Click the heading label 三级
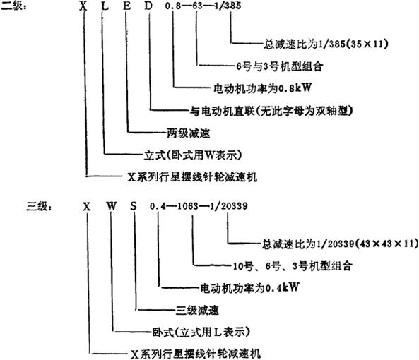pyautogui.click(x=39, y=206)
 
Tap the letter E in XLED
pyautogui.click(x=127, y=6)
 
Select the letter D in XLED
pyautogui.click(x=148, y=6)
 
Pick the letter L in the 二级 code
pyautogui.click(x=105, y=6)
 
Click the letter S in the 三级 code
pyautogui.click(x=134, y=206)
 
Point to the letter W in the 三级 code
pyautogui.click(x=112, y=206)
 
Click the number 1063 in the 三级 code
pyautogui.click(x=188, y=206)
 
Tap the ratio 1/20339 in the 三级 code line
pyautogui.click(x=229, y=206)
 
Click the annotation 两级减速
pyautogui.click(x=189, y=133)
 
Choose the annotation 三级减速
pyautogui.click(x=197, y=311)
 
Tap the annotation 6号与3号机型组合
pyautogui.click(x=280, y=66)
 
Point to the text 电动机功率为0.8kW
pyautogui.click(x=263, y=88)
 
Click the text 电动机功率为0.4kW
pyautogui.click(x=250, y=288)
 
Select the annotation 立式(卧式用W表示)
pyautogui.click(x=193, y=155)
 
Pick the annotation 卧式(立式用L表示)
pyautogui.click(x=201, y=332)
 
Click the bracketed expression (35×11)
pyautogui.click(x=367, y=44)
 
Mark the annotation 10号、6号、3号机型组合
pyautogui.click(x=293, y=266)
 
